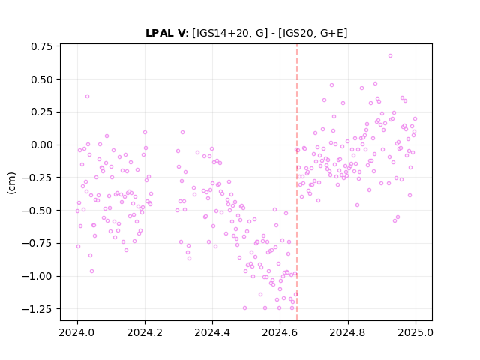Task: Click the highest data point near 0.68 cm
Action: click(x=390, y=56)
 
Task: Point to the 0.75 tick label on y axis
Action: click(x=42, y=46)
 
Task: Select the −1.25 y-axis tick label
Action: click(x=37, y=309)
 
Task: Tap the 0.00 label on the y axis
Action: click(x=42, y=145)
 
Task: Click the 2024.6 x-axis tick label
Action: click(x=280, y=332)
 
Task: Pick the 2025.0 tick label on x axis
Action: click(x=415, y=332)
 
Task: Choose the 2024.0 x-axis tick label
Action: click(x=77, y=332)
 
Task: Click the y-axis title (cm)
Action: click(x=11, y=183)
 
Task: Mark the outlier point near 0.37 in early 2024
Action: click(x=87, y=97)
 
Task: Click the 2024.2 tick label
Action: click(x=145, y=332)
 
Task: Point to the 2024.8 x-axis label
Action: click(x=348, y=332)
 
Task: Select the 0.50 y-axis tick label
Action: click(x=42, y=79)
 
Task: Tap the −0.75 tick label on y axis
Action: click(x=37, y=243)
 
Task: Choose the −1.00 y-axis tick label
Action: click(x=37, y=276)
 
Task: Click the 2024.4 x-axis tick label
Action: click(x=212, y=332)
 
